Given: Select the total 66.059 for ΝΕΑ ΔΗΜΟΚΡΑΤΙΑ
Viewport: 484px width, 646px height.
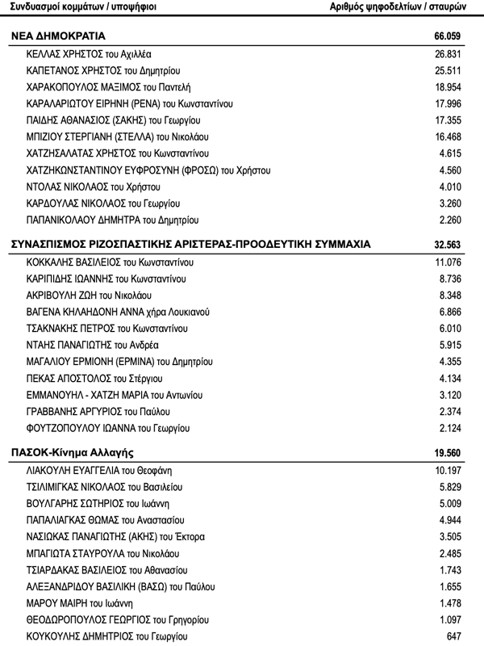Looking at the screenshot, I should click(x=452, y=38).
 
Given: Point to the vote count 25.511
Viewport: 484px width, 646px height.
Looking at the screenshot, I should click(x=453, y=70).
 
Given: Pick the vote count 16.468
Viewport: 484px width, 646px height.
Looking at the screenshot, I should click(x=453, y=136).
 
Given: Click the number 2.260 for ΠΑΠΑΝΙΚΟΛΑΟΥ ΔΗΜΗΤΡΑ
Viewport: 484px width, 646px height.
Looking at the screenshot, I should click(x=456, y=220).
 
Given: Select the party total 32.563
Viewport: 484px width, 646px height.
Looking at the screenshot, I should click(x=452, y=243).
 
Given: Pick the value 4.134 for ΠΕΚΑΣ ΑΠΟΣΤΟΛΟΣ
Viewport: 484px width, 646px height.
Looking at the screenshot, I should click(x=456, y=378).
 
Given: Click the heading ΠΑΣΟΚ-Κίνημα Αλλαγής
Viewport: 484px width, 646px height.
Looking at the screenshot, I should click(x=72, y=451).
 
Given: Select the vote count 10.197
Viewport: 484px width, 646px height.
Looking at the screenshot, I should click(x=453, y=470).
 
